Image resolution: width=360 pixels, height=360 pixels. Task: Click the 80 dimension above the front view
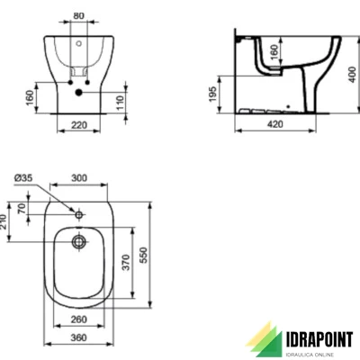78,15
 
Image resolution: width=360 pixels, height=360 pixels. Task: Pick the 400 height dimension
353,72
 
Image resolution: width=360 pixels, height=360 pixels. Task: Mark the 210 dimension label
4,220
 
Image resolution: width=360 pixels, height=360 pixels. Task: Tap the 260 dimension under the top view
79,319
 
